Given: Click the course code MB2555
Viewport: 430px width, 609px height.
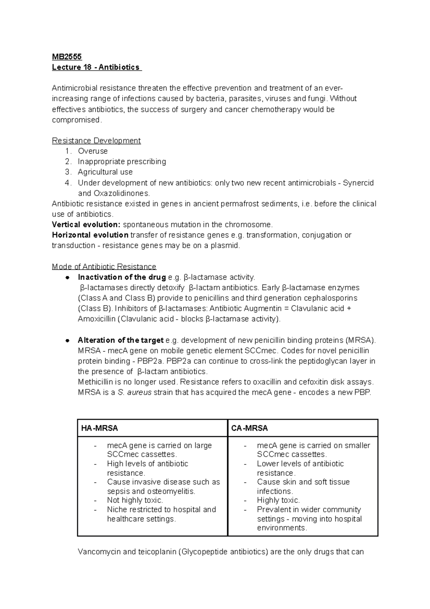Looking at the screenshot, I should point(67,57).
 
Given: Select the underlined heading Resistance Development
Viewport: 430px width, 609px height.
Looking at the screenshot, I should point(96,141).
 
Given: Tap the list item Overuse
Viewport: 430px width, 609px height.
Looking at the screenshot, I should point(92,151).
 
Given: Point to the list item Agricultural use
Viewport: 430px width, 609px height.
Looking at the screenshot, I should point(105,172).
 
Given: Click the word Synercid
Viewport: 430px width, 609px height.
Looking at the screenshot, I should point(358,183).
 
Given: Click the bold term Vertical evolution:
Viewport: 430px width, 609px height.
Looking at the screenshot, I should point(86,225).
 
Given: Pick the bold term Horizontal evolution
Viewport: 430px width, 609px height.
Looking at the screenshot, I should point(90,235).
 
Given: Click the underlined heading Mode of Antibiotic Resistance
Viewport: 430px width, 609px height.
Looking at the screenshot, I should point(104,267).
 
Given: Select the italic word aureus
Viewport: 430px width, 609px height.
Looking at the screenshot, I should point(139,393).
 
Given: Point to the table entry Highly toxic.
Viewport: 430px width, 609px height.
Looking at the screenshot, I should point(278,500).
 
